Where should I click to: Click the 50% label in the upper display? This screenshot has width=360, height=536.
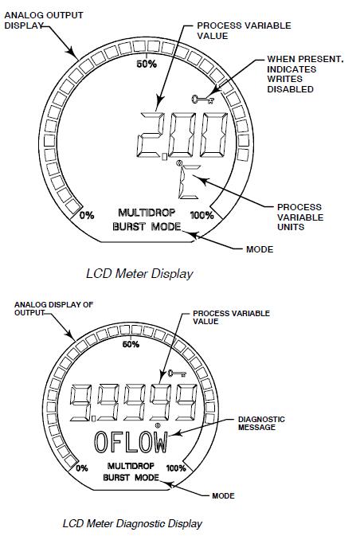[147, 64]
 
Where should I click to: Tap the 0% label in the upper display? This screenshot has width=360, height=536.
[87, 215]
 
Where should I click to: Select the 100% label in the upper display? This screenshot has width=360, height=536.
[202, 215]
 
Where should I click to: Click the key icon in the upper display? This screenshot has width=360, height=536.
[203, 100]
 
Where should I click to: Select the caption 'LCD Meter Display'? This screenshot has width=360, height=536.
[139, 273]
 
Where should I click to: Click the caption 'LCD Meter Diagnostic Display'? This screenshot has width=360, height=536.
[131, 523]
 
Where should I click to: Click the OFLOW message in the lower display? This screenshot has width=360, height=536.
[131, 441]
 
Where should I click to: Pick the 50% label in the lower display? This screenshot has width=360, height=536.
[131, 344]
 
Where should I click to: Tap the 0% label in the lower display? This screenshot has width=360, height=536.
[81, 468]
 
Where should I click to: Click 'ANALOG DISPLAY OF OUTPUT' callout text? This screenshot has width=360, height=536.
[37, 307]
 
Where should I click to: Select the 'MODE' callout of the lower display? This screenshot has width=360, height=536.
[224, 495]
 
